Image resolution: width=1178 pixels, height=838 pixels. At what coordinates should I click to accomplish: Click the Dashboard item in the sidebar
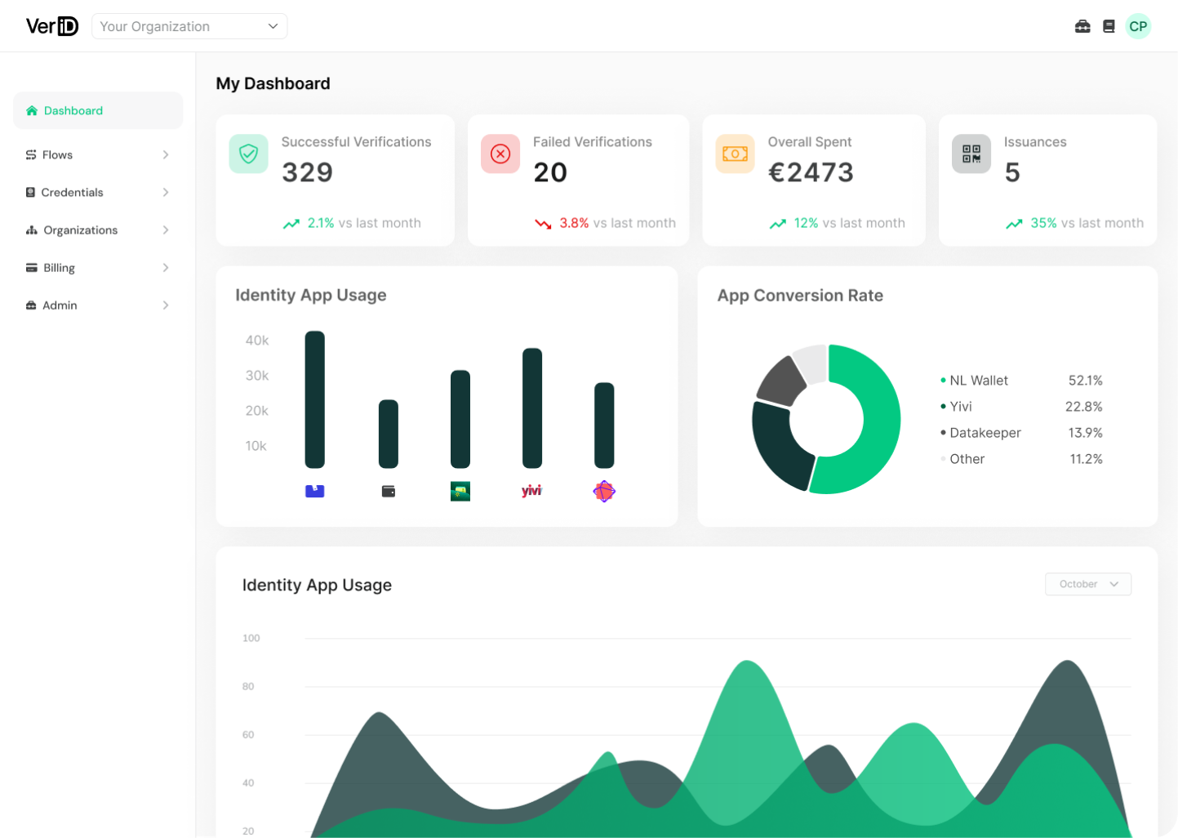click(x=73, y=111)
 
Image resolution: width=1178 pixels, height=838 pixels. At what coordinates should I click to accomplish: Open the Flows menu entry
click(x=57, y=155)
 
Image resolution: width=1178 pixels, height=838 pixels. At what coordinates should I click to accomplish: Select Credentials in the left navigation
click(x=72, y=193)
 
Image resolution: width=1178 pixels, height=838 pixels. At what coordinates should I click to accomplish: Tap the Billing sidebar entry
click(x=59, y=268)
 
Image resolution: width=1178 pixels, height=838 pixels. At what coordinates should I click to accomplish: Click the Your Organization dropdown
click(x=189, y=26)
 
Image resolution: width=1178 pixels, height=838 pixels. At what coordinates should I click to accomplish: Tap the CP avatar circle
click(x=1138, y=26)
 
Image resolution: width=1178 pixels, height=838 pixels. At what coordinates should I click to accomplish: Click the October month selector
click(x=1087, y=584)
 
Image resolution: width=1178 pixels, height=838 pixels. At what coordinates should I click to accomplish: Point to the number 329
click(x=307, y=172)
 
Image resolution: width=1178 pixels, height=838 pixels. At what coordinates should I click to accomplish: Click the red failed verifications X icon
click(x=500, y=154)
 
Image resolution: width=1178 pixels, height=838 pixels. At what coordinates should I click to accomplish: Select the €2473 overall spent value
click(x=811, y=172)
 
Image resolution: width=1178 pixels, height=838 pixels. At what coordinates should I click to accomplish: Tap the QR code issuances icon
click(x=971, y=154)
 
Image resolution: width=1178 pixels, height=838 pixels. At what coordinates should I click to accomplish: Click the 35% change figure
click(x=1043, y=223)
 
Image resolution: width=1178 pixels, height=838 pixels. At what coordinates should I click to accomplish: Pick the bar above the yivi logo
click(x=532, y=408)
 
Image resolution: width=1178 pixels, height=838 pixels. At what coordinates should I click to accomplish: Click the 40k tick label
click(x=257, y=341)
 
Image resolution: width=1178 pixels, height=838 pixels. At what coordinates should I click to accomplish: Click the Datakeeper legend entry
click(x=985, y=433)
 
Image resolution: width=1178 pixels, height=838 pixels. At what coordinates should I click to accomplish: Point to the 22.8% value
click(x=1083, y=407)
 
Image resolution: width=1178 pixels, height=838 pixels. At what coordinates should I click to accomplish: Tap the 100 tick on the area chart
click(x=251, y=638)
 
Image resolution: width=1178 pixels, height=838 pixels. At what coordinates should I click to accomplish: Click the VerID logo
click(x=52, y=26)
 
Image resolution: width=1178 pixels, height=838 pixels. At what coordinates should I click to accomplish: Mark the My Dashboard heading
click(x=273, y=83)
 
